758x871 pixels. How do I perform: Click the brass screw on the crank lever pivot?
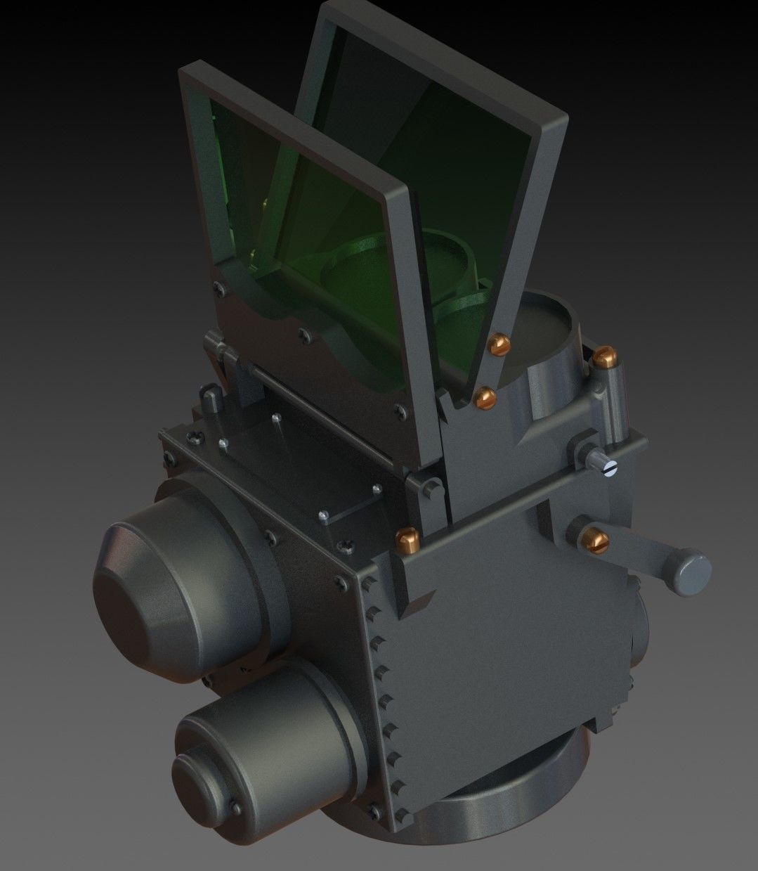596,539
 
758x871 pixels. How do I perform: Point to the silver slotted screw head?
610,467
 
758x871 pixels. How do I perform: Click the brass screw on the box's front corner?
408,540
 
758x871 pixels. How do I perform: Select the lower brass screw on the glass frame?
485,398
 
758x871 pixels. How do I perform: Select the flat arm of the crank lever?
639,552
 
